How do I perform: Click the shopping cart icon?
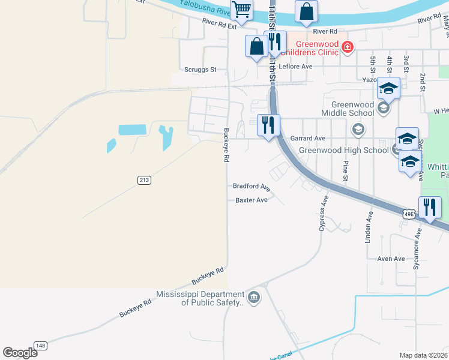pyautogui.click(x=241, y=9)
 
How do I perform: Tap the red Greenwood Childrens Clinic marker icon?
pyautogui.click(x=346, y=46)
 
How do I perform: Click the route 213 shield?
pyautogui.click(x=143, y=179)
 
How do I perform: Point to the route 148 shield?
pyautogui.click(x=41, y=345)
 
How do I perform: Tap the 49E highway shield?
pyautogui.click(x=409, y=214)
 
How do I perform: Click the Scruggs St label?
pyautogui.click(x=200, y=70)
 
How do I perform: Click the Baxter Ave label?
pyautogui.click(x=251, y=200)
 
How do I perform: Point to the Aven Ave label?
pyautogui.click(x=391, y=259)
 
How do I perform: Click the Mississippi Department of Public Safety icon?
pyautogui.click(x=254, y=298)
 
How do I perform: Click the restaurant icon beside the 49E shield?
pyautogui.click(x=430, y=208)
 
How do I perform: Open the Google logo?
pyautogui.click(x=20, y=353)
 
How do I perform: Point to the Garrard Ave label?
pyautogui.click(x=307, y=138)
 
